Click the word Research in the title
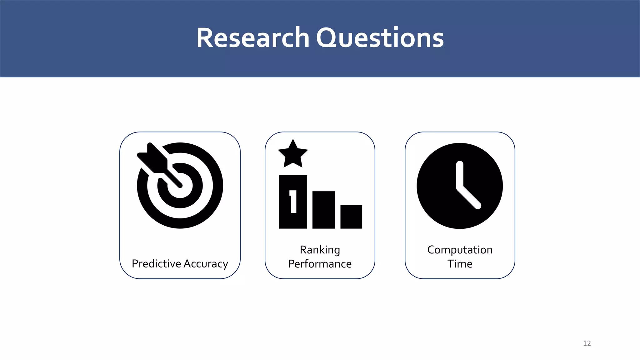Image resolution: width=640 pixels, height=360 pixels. coord(252,38)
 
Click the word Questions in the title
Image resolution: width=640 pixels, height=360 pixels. coord(380,38)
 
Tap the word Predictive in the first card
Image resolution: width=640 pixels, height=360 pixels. coord(156,264)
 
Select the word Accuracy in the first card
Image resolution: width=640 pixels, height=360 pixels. coord(206,264)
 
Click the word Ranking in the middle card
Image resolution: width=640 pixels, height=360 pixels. coord(320,250)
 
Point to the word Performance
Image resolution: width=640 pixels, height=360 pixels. coord(320,264)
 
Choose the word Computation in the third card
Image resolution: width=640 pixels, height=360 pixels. coord(460,250)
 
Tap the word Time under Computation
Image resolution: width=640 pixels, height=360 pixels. coord(460,264)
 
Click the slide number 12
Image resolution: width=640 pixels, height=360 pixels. coord(587,343)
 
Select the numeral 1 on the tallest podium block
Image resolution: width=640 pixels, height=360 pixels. coord(293,202)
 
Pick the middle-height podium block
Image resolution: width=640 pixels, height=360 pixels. coord(324,210)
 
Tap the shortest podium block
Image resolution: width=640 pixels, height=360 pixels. coord(351,217)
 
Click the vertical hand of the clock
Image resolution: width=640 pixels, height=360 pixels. coord(459,175)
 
